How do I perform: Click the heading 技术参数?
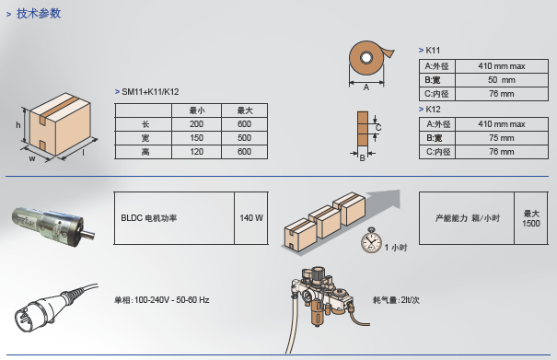coord(39,14)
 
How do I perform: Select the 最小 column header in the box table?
coord(196,110)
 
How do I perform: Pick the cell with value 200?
coord(196,124)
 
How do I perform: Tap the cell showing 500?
coord(244,138)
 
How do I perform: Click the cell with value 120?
coord(196,152)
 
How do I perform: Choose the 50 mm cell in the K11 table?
coord(502,80)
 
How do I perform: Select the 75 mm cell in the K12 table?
coord(502,138)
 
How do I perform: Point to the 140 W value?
coord(251,218)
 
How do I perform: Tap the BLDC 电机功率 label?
coord(149,218)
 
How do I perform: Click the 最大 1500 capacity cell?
coord(531,218)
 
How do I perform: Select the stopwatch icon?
coord(371,240)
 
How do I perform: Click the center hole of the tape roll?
coord(366,58)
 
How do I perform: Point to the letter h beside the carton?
coord(18,124)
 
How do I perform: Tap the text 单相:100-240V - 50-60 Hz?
coord(162,300)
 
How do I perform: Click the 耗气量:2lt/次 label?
coord(396,300)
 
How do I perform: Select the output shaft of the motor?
coord(87,234)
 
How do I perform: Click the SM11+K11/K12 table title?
coord(150,92)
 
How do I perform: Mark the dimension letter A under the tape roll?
coord(366,87)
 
